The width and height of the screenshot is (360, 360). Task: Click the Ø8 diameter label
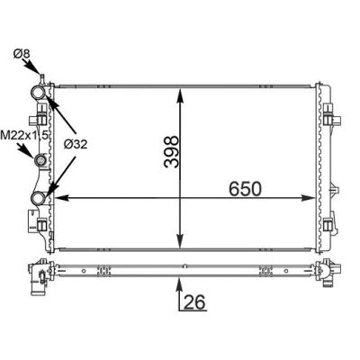(x=22, y=54)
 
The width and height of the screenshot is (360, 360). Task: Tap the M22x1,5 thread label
(x=24, y=135)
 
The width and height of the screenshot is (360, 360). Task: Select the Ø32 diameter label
(x=76, y=145)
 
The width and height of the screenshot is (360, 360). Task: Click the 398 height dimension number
(x=172, y=152)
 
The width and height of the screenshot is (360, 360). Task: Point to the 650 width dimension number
(x=245, y=189)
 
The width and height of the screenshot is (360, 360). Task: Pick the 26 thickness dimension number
(x=194, y=301)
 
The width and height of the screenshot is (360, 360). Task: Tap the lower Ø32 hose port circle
(x=39, y=198)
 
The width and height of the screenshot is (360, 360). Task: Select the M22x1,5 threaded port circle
(x=40, y=161)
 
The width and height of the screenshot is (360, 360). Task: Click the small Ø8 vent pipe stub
(x=42, y=79)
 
